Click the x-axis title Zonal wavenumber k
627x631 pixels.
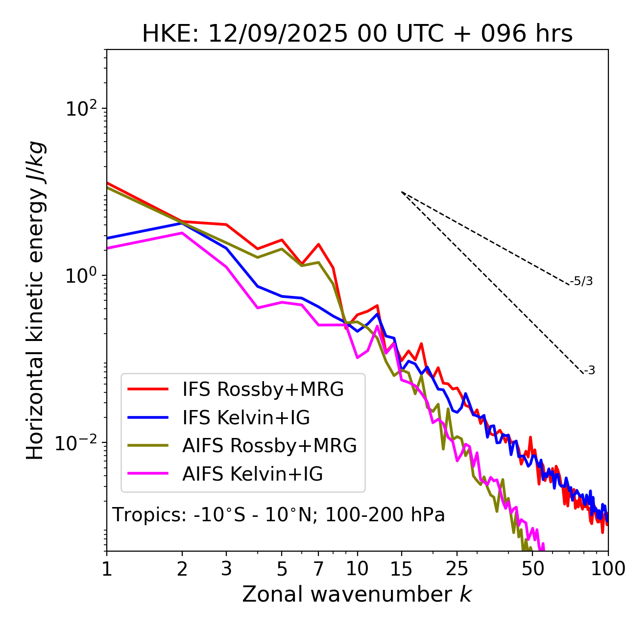click(x=357, y=594)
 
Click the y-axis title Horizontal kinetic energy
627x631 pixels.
click(x=35, y=300)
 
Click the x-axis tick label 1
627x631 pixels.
click(x=107, y=569)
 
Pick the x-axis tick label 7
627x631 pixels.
click(x=318, y=569)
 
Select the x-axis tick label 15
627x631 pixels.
click(x=401, y=569)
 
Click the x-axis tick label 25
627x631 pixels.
click(x=457, y=569)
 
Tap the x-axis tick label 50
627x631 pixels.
click(x=533, y=569)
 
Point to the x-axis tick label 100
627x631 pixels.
click(x=608, y=569)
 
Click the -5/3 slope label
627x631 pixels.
click(x=581, y=282)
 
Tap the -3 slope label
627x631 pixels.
click(x=589, y=371)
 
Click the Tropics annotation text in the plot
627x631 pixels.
click(x=278, y=515)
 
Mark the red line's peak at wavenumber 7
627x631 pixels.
click(x=318, y=244)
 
